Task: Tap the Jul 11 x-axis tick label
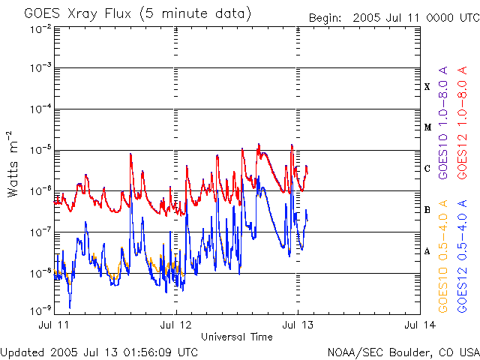tap(55, 325)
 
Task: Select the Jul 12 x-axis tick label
tap(176, 325)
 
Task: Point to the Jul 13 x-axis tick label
tap(298, 325)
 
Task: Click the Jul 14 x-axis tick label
tap(419, 325)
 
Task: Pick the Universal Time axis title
tap(237, 337)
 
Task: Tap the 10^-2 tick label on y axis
tap(40, 28)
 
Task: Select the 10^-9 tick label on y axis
tap(40, 308)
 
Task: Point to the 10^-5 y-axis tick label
tap(40, 148)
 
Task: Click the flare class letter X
tap(427, 87)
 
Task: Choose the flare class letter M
tap(427, 127)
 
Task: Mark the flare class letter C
tap(427, 169)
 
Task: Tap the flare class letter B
tap(427, 210)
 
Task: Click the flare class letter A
tap(427, 251)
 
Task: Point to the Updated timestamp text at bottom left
tap(100, 352)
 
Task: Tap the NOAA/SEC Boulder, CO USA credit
tap(403, 352)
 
